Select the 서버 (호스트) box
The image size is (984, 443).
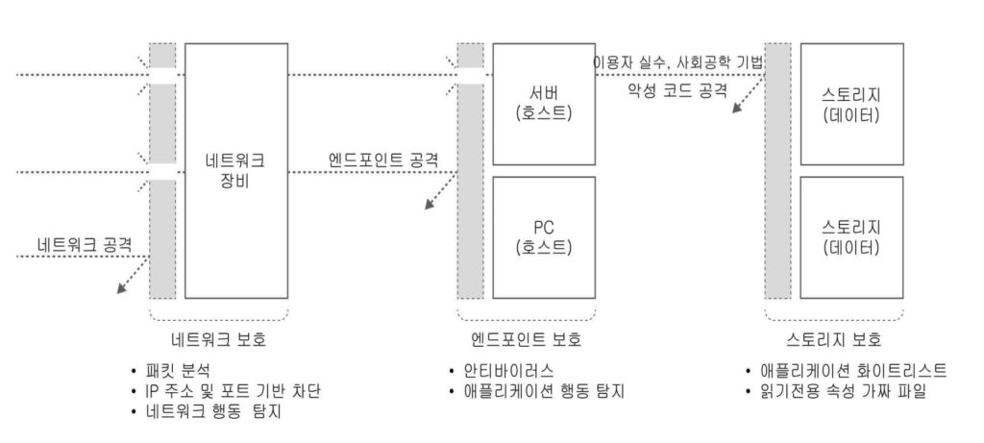pyautogui.click(x=544, y=104)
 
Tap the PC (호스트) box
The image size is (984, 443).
pyautogui.click(x=544, y=237)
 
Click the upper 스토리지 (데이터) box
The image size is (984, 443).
pyautogui.click(x=851, y=104)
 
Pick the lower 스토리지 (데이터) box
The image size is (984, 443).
pyautogui.click(x=851, y=237)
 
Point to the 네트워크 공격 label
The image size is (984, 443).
pyautogui.click(x=85, y=243)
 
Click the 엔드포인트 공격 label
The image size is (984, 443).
pyautogui.click(x=383, y=160)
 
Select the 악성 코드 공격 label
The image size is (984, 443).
pyautogui.click(x=677, y=90)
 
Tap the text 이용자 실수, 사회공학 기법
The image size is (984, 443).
pyautogui.click(x=678, y=62)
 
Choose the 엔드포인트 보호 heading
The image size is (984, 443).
pyautogui.click(x=526, y=339)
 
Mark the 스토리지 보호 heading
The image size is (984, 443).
pyautogui.click(x=834, y=339)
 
